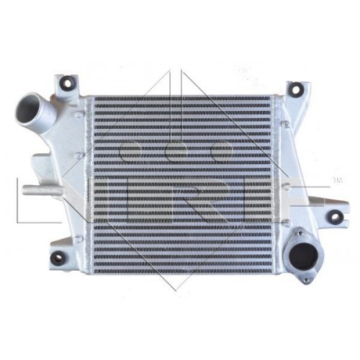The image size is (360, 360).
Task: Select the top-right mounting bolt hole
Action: (296, 89)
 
